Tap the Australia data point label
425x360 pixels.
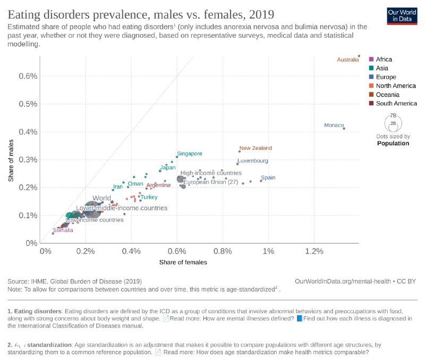click(348, 60)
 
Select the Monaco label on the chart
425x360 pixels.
click(334, 125)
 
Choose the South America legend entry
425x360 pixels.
click(396, 103)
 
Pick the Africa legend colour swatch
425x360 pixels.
click(371, 60)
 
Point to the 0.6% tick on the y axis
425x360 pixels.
click(28, 76)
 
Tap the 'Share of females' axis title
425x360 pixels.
click(183, 262)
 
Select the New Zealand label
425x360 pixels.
click(256, 148)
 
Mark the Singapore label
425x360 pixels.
click(190, 154)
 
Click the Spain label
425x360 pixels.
click(268, 178)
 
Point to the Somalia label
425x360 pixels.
click(63, 230)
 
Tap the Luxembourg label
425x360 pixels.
click(253, 161)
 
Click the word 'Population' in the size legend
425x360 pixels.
click(393, 143)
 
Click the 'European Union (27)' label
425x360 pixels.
click(210, 182)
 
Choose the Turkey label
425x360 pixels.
click(149, 197)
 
